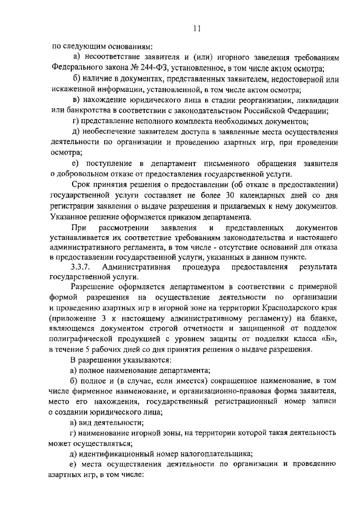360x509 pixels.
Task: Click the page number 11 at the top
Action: [x=197, y=29]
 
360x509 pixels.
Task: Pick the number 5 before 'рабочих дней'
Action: [x=87, y=350]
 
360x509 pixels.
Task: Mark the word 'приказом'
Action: [x=184, y=217]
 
